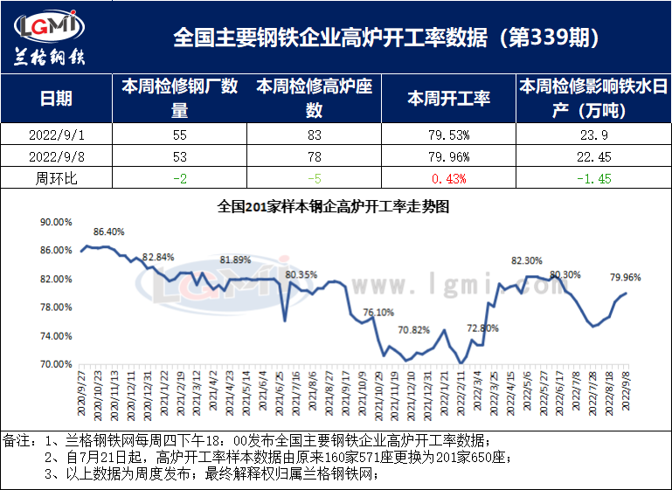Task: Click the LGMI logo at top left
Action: tap(51, 38)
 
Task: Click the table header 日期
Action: tap(57, 99)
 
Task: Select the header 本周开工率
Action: tap(449, 99)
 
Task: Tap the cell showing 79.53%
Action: tap(449, 135)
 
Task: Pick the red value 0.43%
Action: tap(449, 178)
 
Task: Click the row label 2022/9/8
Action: tap(57, 157)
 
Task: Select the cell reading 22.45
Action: tap(592, 157)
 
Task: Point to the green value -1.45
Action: tap(592, 178)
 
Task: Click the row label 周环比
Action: tap(57, 178)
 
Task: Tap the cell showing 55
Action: tap(179, 135)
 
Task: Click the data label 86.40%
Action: tap(109, 231)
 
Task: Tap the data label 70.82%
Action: tap(414, 330)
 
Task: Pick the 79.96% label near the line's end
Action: tap(626, 278)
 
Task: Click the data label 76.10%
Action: tap(378, 312)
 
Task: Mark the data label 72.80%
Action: tap(483, 328)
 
